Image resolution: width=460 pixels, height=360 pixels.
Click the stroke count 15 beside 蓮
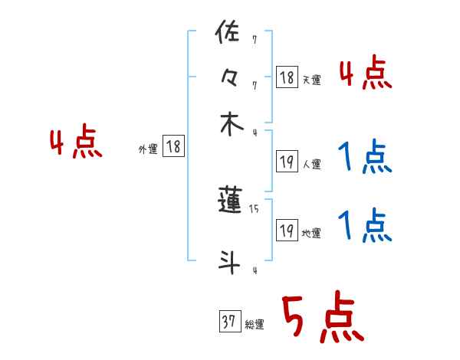click(254, 208)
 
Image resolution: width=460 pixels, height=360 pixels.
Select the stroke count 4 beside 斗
click(254, 270)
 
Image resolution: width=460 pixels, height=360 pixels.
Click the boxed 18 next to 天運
click(287, 77)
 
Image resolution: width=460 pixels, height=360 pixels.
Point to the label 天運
click(311, 80)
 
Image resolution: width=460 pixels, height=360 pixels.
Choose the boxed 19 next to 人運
click(287, 161)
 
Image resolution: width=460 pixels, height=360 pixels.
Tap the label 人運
click(311, 164)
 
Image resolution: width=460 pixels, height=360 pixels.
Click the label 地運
click(311, 233)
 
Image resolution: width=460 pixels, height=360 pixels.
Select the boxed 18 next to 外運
click(174, 147)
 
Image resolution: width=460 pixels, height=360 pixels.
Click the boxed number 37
click(228, 322)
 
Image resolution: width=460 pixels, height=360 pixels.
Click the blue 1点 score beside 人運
click(365, 158)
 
